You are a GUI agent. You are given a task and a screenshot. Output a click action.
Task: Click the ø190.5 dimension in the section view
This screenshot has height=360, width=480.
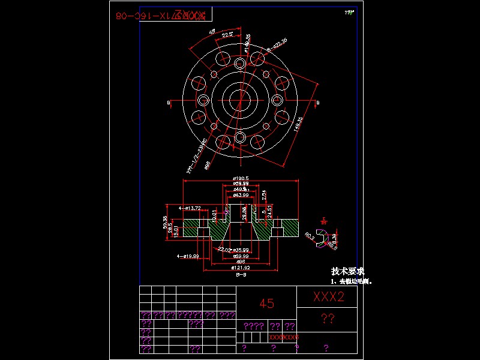pos(241,178)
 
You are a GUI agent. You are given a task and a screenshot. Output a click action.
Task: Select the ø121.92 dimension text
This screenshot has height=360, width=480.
pos(240,267)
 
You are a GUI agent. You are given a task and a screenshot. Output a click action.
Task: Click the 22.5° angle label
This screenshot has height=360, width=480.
pos(227,35)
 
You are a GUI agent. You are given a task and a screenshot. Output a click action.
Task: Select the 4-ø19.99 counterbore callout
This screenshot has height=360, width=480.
pos(188,256)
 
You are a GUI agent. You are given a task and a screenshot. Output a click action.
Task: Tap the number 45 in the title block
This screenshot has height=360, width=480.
pos(267,304)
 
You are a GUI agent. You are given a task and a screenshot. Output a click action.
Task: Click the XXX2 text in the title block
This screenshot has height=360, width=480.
pos(328,296)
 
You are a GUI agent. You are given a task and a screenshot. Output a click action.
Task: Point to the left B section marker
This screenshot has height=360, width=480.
pos(167,103)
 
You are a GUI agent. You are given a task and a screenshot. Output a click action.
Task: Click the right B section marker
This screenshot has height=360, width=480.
pos(317,103)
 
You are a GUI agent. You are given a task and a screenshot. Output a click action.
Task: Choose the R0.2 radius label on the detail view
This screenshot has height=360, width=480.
pos(310,237)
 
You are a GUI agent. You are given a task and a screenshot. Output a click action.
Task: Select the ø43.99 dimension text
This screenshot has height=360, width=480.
pos(241,195)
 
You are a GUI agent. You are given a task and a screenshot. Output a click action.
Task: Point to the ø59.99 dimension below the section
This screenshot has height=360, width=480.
pos(241,256)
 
